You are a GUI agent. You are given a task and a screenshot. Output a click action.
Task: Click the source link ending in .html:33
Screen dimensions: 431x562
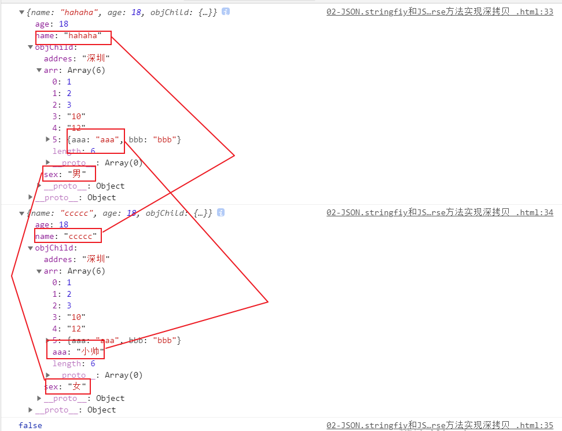(x=439, y=12)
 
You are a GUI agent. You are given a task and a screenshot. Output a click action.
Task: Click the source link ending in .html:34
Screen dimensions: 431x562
(x=439, y=213)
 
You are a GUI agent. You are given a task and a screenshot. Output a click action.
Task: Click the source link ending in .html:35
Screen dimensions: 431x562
(x=439, y=425)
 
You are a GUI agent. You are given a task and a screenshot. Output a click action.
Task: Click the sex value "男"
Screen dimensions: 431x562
(x=77, y=174)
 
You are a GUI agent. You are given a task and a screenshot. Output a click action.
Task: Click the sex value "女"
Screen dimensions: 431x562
(x=77, y=386)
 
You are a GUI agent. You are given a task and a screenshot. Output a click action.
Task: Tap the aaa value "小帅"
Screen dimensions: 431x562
(x=90, y=352)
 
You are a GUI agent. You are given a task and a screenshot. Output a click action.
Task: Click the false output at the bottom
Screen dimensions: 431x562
(x=30, y=425)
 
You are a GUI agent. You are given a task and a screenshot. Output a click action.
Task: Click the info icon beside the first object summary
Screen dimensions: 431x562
(x=226, y=12)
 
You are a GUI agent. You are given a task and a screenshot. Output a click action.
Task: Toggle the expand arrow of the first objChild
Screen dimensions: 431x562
(x=31, y=47)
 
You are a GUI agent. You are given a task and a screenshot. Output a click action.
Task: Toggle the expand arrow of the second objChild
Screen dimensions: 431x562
(x=31, y=248)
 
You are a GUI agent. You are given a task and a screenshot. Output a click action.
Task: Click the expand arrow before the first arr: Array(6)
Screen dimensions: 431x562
(x=39, y=71)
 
